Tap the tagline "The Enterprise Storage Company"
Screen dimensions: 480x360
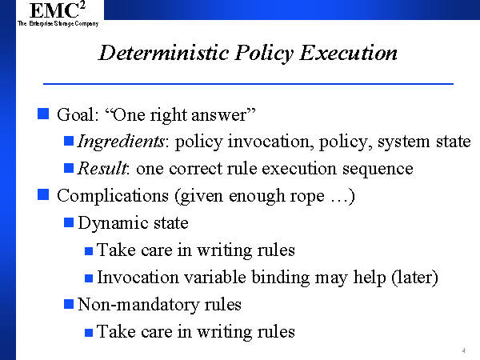click(58, 23)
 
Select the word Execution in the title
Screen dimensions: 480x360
click(348, 53)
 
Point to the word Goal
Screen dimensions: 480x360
click(78, 114)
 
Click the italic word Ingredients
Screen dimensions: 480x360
click(121, 142)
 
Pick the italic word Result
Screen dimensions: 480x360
click(102, 168)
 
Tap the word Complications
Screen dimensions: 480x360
click(113, 196)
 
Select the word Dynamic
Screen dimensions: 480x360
click(113, 223)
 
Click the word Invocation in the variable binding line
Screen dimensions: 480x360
click(138, 278)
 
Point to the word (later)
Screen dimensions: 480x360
click(414, 278)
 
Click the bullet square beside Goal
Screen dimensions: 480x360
click(43, 114)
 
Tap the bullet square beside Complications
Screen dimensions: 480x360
click(43, 194)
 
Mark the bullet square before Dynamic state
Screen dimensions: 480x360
click(69, 222)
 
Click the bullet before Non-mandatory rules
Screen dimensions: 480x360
click(69, 304)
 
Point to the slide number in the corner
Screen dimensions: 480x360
click(464, 351)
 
